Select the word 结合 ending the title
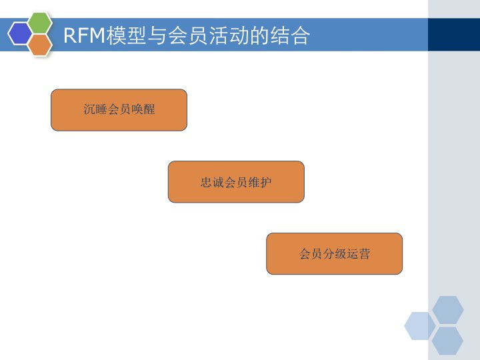point(290,35)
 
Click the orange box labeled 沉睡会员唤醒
point(119,110)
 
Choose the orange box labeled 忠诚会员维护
point(236,181)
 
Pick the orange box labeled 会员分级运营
point(334,253)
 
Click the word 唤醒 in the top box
point(143,110)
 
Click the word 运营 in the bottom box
point(359,254)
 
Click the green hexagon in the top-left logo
point(40,23)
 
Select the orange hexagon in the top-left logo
point(40,45)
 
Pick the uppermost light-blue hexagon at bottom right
point(447,310)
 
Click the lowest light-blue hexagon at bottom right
point(447,341)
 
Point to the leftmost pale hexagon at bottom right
point(420,325)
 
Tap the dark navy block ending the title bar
point(453,35)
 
